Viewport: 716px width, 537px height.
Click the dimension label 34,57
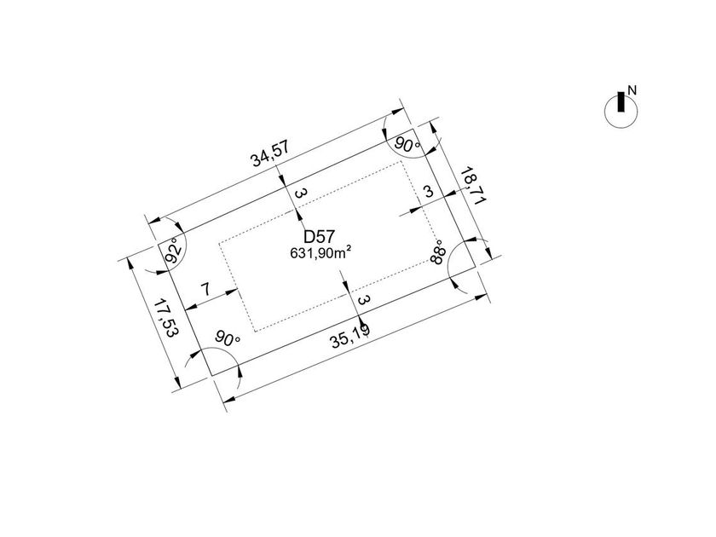(x=270, y=154)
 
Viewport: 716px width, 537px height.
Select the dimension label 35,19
(x=350, y=336)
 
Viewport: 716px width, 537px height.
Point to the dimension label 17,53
(x=165, y=318)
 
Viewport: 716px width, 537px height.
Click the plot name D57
(x=320, y=237)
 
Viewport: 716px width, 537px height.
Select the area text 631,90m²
(x=320, y=252)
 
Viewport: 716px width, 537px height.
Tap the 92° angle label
(x=175, y=250)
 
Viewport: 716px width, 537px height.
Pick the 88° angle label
(x=437, y=252)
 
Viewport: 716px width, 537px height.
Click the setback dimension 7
(x=206, y=290)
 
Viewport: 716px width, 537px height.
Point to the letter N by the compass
(x=632, y=90)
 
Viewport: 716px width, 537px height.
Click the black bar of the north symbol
(x=621, y=101)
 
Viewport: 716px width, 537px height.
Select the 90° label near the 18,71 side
(x=407, y=145)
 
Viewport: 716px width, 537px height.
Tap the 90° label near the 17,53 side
(x=228, y=338)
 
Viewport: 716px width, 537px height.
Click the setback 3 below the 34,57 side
(x=299, y=193)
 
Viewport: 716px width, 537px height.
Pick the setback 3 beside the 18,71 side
(x=428, y=191)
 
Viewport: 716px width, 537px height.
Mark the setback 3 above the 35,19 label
(x=364, y=300)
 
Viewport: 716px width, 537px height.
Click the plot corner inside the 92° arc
(x=159, y=245)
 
